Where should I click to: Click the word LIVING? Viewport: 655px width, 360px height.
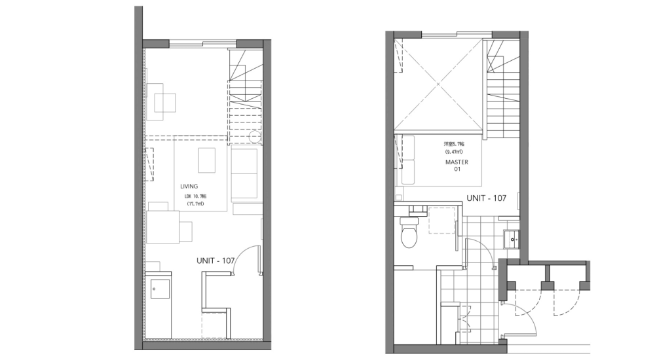(x=189, y=187)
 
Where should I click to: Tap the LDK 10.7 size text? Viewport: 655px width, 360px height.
(x=194, y=196)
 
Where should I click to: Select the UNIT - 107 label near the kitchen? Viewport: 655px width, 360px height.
(x=215, y=261)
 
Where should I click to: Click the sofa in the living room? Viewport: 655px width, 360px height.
(x=244, y=173)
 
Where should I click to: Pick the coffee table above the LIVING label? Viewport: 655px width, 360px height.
(x=206, y=159)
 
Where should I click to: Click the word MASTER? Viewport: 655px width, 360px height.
(x=457, y=162)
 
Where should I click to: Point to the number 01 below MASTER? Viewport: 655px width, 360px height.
(x=457, y=170)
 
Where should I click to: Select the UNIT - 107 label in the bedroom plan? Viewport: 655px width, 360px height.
(x=486, y=198)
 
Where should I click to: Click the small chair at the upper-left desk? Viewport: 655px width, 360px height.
(x=165, y=103)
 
